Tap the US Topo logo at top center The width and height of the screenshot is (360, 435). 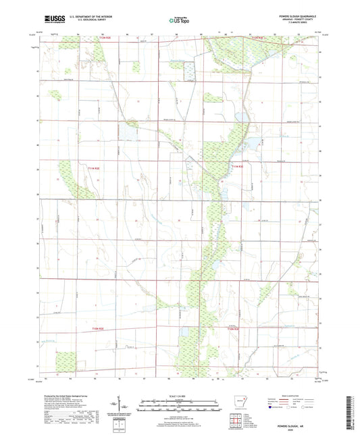178,20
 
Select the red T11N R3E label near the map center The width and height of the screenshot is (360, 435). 236,167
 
